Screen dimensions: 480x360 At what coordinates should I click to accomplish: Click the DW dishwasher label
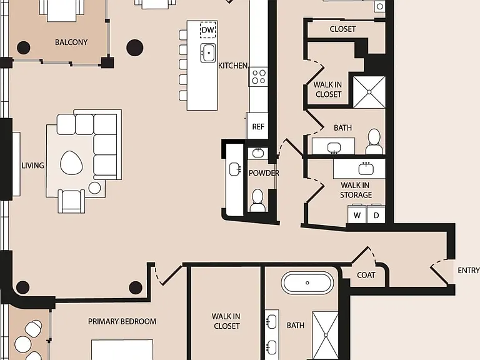point(208,30)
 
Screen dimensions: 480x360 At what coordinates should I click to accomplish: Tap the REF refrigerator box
point(257,126)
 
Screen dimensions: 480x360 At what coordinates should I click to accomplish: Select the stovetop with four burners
point(258,76)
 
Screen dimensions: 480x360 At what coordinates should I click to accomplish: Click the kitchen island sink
point(208,52)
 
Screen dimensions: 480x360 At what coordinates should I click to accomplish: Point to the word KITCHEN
point(233,66)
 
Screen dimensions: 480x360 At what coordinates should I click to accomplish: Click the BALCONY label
point(71,42)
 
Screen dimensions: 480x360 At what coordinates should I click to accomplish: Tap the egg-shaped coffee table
point(71,163)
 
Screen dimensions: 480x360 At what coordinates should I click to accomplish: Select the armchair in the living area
point(71,201)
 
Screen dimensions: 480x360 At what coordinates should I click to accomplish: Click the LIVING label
point(32,165)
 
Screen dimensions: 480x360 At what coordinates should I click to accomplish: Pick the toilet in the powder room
point(257,201)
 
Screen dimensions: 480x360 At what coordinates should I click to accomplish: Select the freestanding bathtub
point(307,283)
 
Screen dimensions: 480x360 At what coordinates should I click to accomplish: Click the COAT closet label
point(366,275)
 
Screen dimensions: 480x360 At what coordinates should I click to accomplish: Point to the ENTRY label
point(468,270)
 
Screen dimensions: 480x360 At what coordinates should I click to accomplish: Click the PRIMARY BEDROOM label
point(122,321)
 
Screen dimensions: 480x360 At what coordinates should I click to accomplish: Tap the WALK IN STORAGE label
point(356,190)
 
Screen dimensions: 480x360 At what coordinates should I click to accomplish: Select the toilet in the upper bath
point(374,141)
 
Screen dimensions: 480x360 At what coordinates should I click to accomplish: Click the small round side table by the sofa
point(94,188)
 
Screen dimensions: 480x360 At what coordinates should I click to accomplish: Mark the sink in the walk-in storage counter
point(366,168)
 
